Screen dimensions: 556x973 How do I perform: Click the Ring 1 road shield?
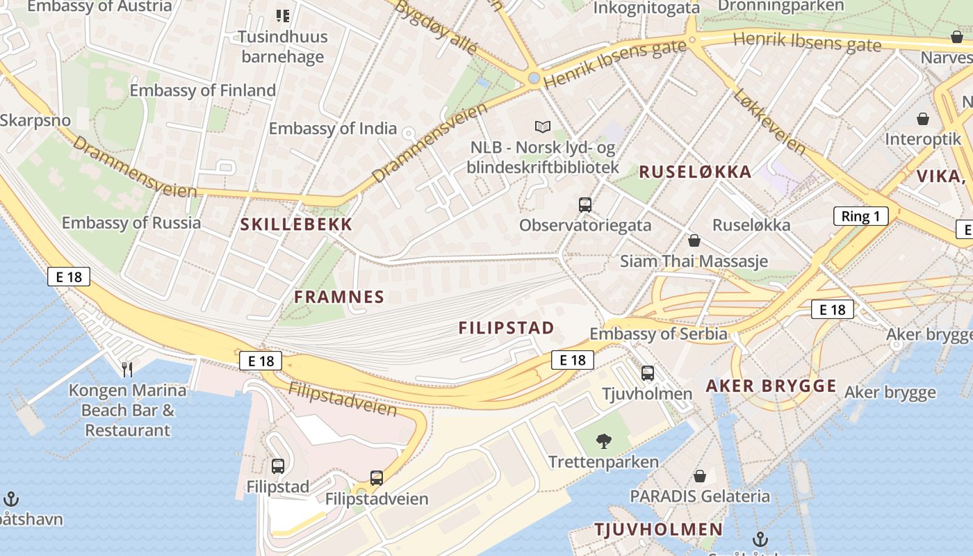pyautogui.click(x=860, y=216)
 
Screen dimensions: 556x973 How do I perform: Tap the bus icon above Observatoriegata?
pyautogui.click(x=585, y=205)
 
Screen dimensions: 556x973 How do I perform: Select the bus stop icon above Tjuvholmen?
pyautogui.click(x=648, y=373)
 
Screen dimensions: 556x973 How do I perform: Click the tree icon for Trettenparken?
pyautogui.click(x=603, y=440)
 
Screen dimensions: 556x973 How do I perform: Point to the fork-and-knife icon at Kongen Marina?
pyautogui.click(x=126, y=369)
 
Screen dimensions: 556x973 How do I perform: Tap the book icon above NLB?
pyautogui.click(x=542, y=126)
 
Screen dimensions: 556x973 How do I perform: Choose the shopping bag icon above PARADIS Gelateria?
pyautogui.click(x=700, y=476)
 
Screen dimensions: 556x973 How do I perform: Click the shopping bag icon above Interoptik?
pyautogui.click(x=923, y=119)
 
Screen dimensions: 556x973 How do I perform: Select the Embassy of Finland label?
pyautogui.click(x=202, y=90)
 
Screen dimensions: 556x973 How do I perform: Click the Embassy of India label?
pyautogui.click(x=332, y=129)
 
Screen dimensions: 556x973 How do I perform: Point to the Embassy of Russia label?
pyautogui.click(x=131, y=223)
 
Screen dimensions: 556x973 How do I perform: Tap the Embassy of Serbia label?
pyautogui.click(x=658, y=334)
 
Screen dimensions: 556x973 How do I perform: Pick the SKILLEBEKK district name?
pyautogui.click(x=297, y=224)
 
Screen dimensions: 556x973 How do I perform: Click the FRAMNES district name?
pyautogui.click(x=338, y=297)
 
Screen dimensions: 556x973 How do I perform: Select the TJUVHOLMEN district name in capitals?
pyautogui.click(x=658, y=530)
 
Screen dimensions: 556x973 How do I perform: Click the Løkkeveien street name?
pyautogui.click(x=769, y=122)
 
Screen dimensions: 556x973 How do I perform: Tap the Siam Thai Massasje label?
pyautogui.click(x=694, y=261)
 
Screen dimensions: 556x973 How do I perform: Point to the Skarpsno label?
pyautogui.click(x=35, y=120)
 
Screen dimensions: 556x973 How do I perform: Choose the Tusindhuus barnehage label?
pyautogui.click(x=282, y=46)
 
